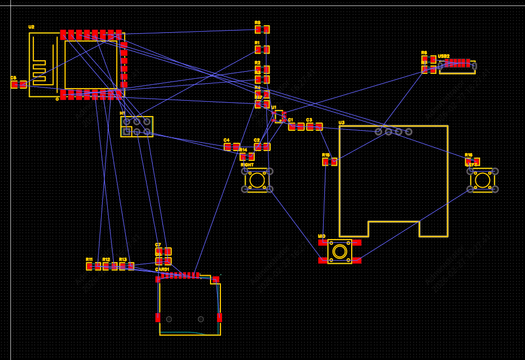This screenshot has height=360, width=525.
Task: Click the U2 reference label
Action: [31, 27]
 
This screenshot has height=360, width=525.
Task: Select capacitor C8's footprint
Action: [19, 84]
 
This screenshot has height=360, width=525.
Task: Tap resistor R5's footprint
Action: [262, 30]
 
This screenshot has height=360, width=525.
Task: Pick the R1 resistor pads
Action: [262, 50]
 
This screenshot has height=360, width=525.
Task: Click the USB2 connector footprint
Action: [457, 65]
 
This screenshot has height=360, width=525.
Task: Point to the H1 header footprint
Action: [137, 126]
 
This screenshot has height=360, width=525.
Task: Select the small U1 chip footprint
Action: [279, 116]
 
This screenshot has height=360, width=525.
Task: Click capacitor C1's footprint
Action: [296, 126]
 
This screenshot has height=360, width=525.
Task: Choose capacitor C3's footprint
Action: [314, 126]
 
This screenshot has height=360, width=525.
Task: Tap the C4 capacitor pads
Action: [232, 147]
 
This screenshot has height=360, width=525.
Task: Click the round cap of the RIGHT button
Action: [257, 180]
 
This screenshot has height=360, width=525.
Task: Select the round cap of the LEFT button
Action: [482, 180]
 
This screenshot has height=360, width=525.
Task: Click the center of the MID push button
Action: [340, 251]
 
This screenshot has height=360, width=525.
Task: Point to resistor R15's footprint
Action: [330, 162]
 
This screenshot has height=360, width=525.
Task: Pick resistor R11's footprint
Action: [94, 266]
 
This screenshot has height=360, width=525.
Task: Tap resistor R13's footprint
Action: [127, 266]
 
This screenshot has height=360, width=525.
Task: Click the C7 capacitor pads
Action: [164, 252]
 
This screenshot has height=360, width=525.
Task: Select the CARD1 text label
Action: [162, 269]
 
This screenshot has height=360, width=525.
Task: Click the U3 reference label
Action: [341, 123]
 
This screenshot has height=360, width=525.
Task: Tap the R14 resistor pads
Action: [247, 156]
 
